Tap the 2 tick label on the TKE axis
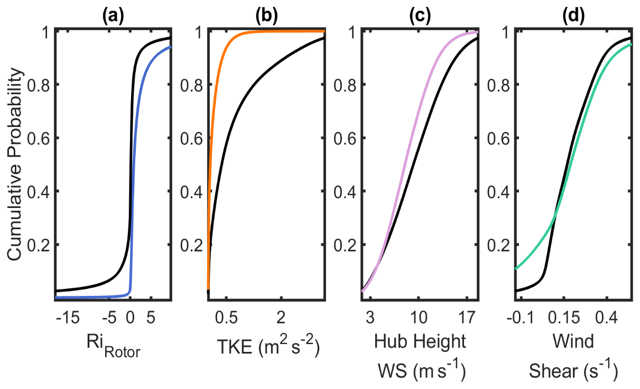pos(281,318)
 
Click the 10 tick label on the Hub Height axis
pos(418,318)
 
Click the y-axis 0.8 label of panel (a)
pos(40,85)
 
